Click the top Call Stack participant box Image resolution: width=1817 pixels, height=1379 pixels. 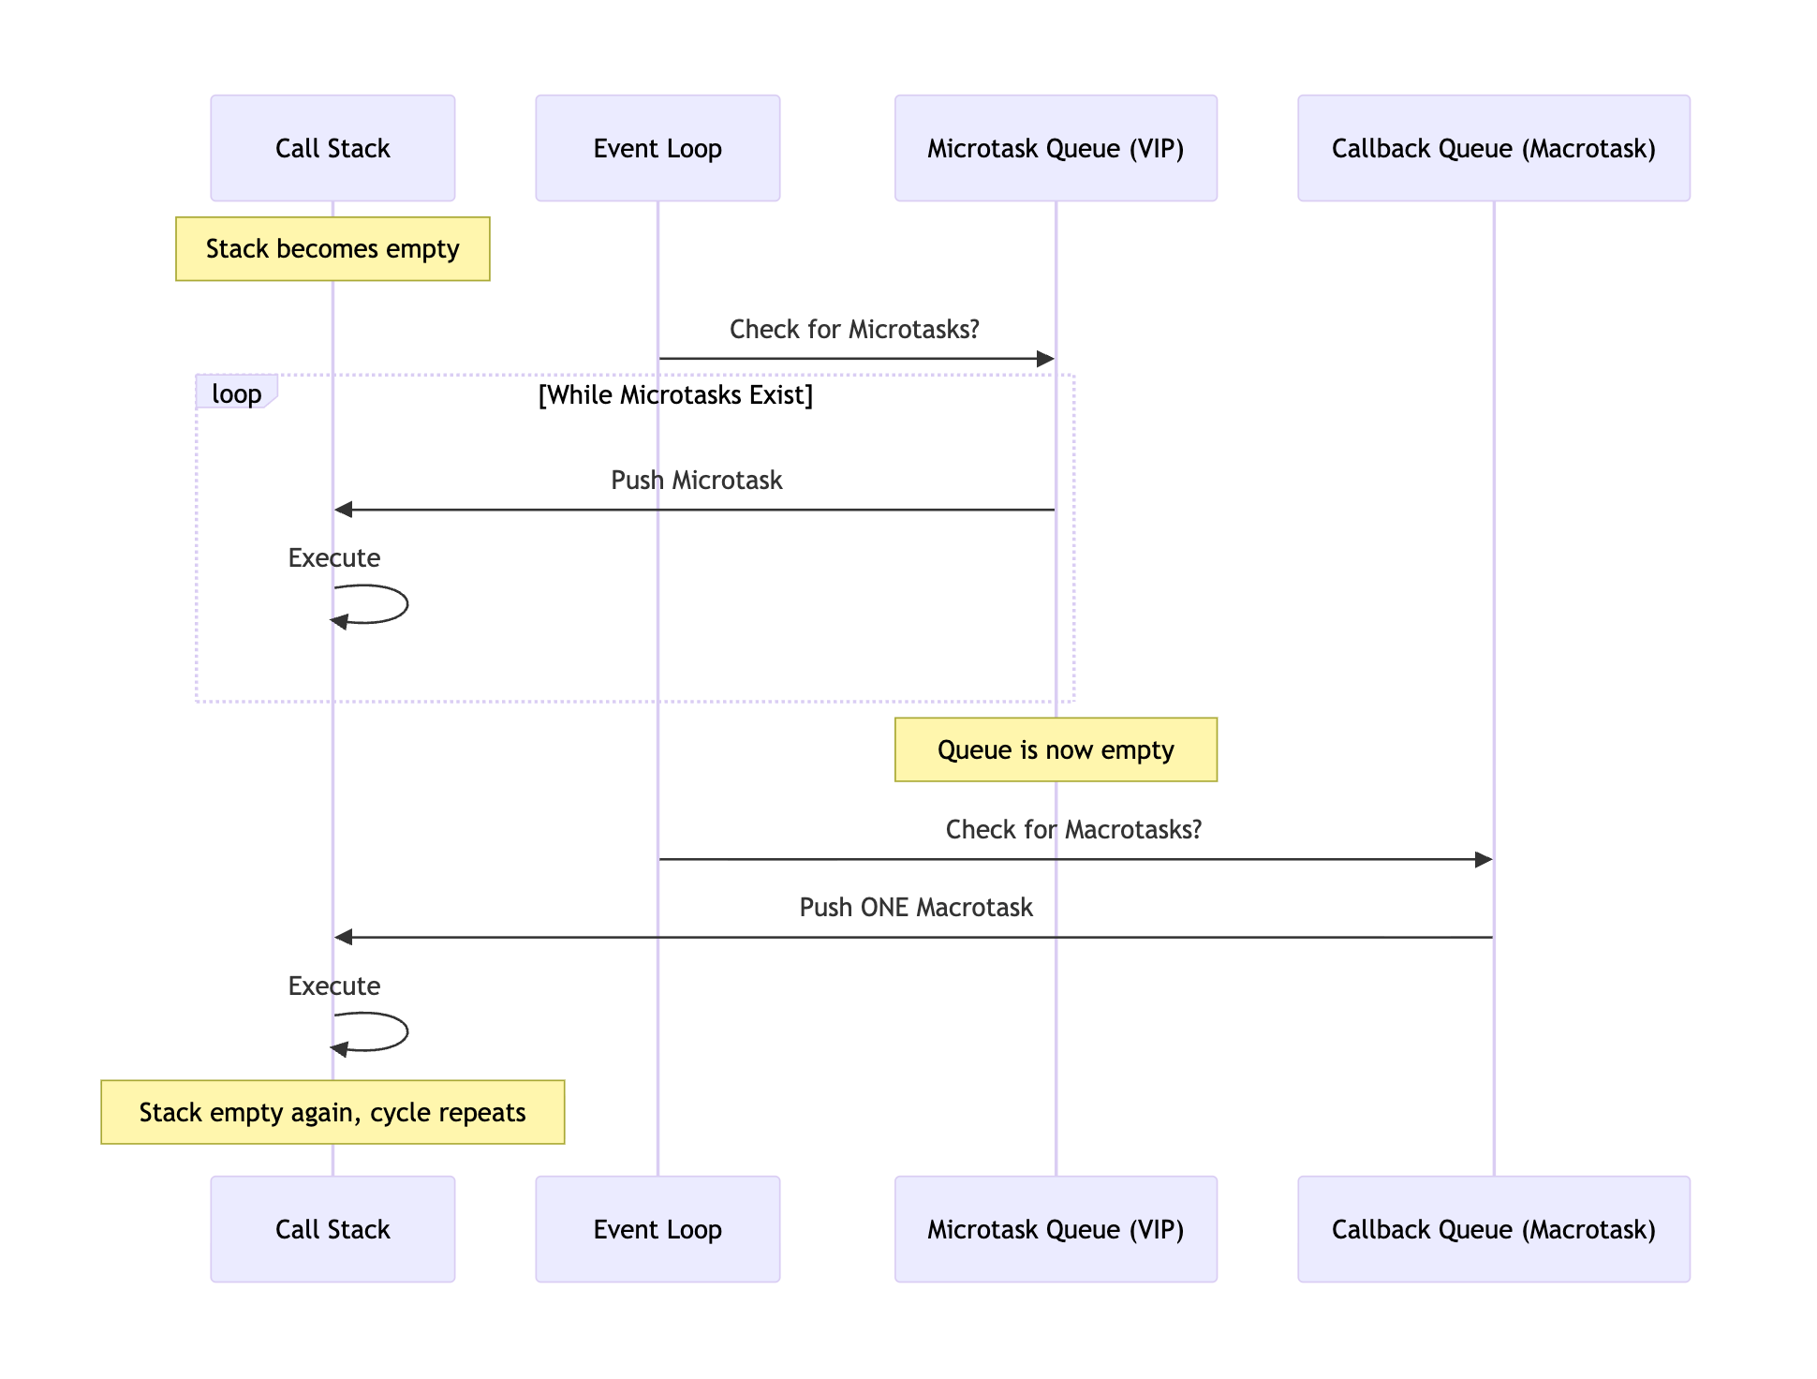332,148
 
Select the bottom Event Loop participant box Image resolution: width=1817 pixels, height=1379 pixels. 657,1228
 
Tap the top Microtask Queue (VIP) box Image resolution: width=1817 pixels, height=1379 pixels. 1056,148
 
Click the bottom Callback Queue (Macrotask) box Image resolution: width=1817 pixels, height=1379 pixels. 1493,1228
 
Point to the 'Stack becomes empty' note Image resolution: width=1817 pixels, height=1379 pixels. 332,249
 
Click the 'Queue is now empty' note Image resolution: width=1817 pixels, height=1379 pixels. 1056,749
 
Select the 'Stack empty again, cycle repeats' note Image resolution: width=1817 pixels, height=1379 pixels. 332,1112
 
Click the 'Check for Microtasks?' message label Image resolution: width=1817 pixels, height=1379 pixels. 854,330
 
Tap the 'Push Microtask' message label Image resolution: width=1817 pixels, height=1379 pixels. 696,481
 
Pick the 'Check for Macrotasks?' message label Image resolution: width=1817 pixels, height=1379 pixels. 1073,830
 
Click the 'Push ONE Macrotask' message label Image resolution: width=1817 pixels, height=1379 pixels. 916,908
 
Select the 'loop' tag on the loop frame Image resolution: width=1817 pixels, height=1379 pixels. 236,393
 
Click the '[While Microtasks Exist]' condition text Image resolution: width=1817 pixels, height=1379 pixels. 675,395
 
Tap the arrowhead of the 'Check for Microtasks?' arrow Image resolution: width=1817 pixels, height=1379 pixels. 1045,359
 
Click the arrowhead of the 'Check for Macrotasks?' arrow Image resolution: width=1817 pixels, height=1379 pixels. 1483,859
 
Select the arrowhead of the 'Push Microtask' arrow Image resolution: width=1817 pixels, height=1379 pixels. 344,510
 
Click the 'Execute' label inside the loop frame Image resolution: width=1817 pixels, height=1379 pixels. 334,558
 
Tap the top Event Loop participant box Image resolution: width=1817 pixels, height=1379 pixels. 657,148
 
